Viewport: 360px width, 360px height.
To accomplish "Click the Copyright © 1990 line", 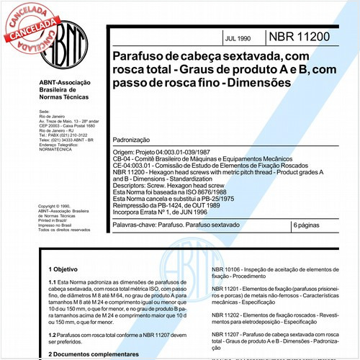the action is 60,206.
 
